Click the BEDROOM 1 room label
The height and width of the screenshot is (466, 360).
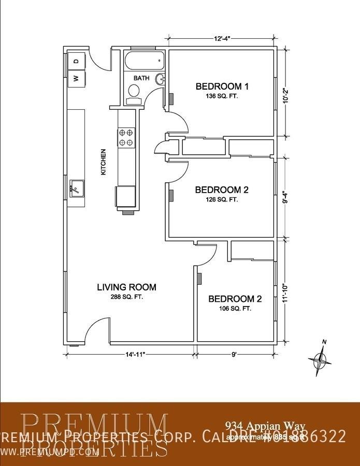[222, 86]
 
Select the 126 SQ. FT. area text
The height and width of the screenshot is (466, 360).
[222, 199]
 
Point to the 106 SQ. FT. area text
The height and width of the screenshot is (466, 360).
[235, 309]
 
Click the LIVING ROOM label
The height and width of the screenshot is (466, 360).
[127, 287]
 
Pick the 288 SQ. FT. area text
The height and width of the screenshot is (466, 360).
[127, 297]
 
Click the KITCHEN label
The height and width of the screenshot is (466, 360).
[104, 162]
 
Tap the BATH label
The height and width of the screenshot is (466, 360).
[141, 78]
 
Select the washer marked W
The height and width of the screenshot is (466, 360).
[76, 78]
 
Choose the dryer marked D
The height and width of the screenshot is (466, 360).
[76, 61]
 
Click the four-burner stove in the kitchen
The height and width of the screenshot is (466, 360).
[127, 137]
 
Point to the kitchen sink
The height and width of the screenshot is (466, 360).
[77, 187]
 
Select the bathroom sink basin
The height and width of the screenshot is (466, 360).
[161, 79]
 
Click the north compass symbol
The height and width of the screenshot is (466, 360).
[319, 358]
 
